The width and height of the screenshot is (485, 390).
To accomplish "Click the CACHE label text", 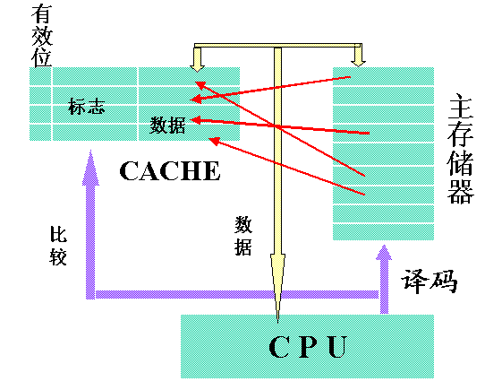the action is pos(170,170).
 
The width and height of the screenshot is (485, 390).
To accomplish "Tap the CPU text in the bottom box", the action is pos(308,347).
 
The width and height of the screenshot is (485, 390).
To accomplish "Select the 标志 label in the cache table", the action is pos(87,107).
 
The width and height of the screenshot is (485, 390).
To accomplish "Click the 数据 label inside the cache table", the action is pos(167,125).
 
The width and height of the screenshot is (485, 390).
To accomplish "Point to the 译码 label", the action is pos(429,282).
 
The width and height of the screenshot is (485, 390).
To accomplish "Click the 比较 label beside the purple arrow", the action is pos(58,246).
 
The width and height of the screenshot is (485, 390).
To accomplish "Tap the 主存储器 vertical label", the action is pos(461,151).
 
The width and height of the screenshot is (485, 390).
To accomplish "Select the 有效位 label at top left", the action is pos(42,36).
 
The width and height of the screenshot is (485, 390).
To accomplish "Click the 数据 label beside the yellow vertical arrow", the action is pos(243,236).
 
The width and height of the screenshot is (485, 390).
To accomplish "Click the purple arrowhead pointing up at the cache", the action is pos(90,169).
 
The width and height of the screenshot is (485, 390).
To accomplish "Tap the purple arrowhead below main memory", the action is pos(384,253).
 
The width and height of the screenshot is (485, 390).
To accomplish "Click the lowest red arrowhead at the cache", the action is pos(214,141).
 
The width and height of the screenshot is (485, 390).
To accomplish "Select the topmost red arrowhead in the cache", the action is pos(200,84).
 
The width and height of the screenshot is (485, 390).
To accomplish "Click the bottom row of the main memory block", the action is pos(383,232).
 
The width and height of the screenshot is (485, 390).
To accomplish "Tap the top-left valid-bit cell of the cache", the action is pos(40,76).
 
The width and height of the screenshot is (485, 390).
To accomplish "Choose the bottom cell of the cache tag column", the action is pos(95,133).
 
